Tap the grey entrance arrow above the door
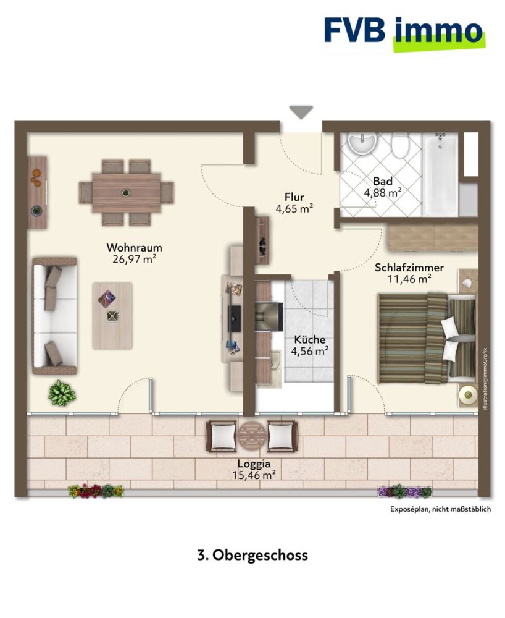[x=301, y=112]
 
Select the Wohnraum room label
[x=134, y=248]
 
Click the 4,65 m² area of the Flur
[x=294, y=210]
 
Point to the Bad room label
[x=383, y=182]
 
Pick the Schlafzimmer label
[x=409, y=268]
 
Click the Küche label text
[x=310, y=339]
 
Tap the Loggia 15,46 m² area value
[x=255, y=475]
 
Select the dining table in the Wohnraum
[x=126, y=192]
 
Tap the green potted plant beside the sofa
[x=62, y=393]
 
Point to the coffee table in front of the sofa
[x=112, y=315]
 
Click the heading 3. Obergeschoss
[x=252, y=555]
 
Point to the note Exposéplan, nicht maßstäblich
[x=440, y=510]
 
